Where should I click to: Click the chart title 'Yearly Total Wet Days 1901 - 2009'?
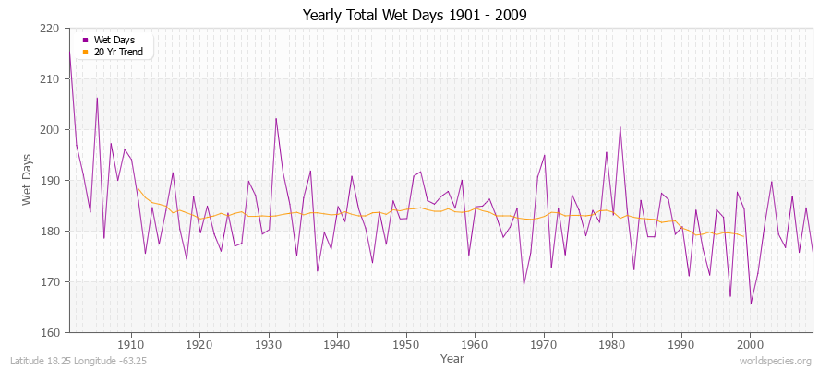415,16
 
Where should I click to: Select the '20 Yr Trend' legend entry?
118,52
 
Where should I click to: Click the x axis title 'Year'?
452,357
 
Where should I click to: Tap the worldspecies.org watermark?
778,361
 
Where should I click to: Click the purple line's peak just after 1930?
275,118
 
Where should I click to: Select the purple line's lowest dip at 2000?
751,303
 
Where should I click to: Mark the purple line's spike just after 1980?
620,127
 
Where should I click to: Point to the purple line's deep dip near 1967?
524,284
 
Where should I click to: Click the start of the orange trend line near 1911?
138,189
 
